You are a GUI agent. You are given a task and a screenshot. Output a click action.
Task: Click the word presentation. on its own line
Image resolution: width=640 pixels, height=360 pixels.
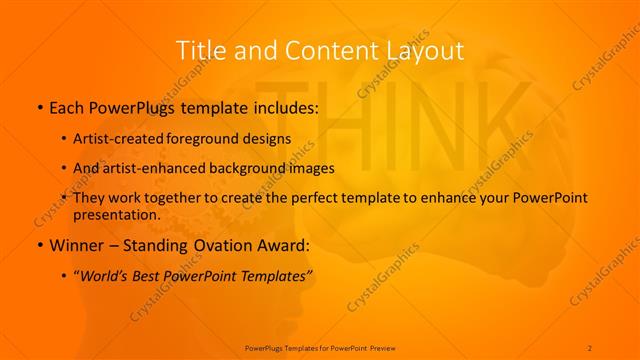click(x=117, y=214)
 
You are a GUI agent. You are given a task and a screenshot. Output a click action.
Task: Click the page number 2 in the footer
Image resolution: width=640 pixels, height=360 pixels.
click(x=590, y=347)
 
